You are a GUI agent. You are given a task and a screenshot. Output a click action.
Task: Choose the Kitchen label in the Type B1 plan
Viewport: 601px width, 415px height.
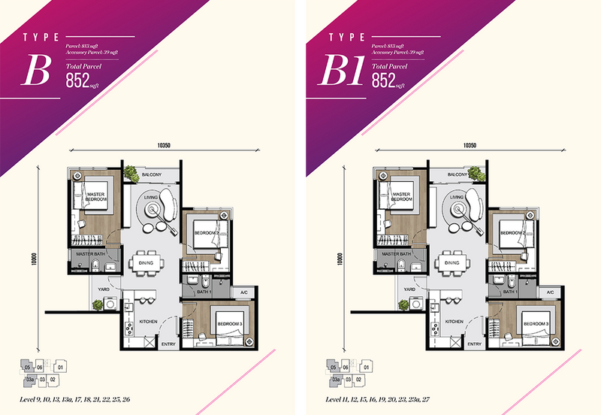(454, 321)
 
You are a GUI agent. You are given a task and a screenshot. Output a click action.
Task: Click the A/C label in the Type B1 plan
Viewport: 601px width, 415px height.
(549, 292)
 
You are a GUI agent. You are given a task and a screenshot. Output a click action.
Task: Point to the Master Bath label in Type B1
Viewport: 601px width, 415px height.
(394, 256)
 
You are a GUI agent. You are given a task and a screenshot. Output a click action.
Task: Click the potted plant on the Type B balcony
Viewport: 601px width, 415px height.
(131, 173)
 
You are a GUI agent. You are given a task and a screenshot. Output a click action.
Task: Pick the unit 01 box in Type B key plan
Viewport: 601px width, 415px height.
(60, 368)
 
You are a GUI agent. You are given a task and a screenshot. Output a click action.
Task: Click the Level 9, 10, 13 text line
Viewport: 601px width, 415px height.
(76, 398)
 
